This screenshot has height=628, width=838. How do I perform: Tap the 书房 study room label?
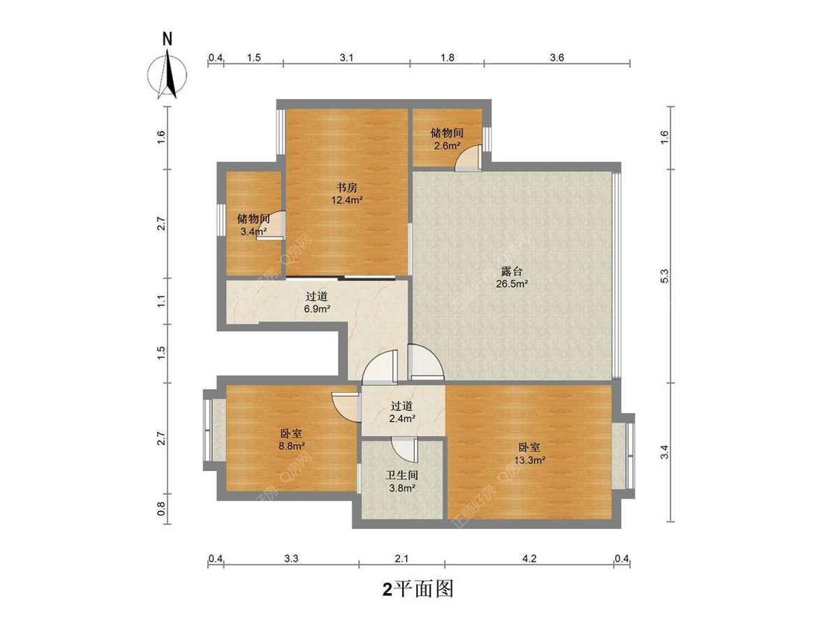(347, 188)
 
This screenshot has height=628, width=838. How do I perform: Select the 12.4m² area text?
(347, 199)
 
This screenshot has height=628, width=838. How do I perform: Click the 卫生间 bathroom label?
(401, 475)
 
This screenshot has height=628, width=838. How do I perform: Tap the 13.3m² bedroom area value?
(530, 460)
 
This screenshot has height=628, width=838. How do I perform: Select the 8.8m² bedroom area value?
(291, 446)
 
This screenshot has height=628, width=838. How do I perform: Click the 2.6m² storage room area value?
(447, 145)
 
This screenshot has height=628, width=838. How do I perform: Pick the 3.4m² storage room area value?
(253, 231)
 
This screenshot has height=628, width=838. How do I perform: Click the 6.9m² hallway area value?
(317, 308)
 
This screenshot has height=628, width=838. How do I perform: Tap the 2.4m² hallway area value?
(402, 419)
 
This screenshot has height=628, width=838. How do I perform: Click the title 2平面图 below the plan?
(418, 589)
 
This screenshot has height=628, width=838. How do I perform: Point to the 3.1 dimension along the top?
(346, 57)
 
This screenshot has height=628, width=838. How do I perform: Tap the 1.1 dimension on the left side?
(161, 301)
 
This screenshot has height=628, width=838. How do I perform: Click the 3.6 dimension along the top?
(556, 57)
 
